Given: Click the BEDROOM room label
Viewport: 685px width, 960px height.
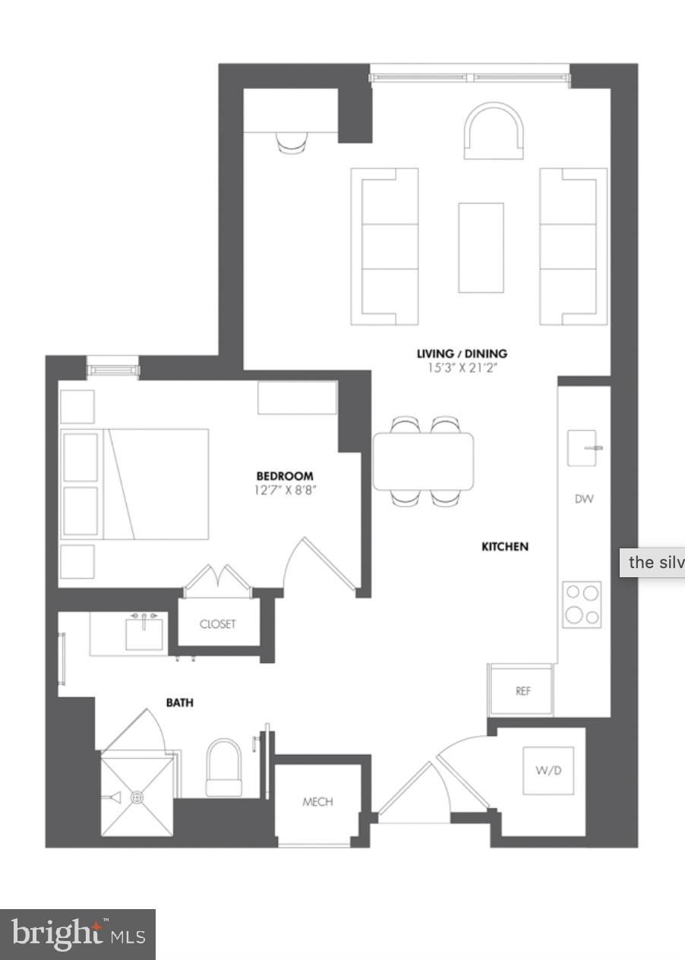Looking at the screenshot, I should (x=285, y=476).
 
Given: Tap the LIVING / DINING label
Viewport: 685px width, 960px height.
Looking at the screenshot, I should (x=462, y=353).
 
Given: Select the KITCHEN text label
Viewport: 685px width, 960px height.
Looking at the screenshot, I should (x=505, y=546).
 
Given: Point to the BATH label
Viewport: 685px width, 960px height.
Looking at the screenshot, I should (x=180, y=703).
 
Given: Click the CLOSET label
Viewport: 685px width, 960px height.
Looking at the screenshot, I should (x=218, y=624).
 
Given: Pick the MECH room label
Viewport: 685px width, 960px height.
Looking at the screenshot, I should (x=317, y=801).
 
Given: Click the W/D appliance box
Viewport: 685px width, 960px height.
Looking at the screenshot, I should (x=548, y=771).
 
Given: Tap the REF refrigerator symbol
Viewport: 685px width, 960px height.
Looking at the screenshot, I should (x=522, y=690).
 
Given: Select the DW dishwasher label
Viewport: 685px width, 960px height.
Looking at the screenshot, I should (x=584, y=499).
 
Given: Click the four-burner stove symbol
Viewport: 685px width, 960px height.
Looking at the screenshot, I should (x=582, y=605).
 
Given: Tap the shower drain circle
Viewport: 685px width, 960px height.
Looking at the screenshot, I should (x=137, y=797).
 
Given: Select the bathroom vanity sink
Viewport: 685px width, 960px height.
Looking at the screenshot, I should (x=144, y=633).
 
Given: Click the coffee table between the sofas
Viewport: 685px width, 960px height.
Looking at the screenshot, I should (x=481, y=248).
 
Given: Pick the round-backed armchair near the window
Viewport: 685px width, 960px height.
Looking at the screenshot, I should (x=494, y=132).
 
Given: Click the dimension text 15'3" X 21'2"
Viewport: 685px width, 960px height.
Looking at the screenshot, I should (x=462, y=368).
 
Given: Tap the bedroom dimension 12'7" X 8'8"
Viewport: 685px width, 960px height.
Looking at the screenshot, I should (x=285, y=491).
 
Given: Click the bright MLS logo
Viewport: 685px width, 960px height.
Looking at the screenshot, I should (x=77, y=935).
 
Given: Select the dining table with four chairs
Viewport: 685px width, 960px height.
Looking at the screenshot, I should (x=423, y=461).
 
